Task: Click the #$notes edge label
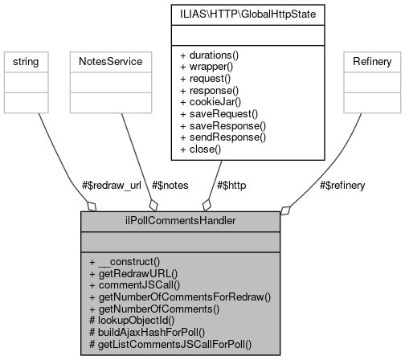tap(166, 185)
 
